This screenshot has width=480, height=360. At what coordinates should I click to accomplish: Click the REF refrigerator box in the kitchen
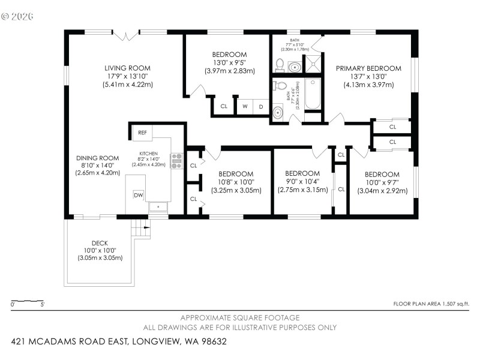142,132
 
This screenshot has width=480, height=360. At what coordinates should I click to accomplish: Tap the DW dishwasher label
139,195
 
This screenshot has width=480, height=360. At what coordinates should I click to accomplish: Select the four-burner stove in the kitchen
176,161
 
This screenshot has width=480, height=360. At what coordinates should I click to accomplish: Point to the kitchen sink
158,206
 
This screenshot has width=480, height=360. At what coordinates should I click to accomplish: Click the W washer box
245,106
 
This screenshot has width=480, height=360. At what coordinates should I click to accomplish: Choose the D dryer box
261,106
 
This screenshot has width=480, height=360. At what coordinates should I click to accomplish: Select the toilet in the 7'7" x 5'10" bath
280,65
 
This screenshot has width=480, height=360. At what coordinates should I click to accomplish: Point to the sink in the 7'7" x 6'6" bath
277,112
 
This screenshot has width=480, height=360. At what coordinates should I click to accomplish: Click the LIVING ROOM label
127,68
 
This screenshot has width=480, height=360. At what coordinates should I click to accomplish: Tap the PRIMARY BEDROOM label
368,68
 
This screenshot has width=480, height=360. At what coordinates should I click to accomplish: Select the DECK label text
100,243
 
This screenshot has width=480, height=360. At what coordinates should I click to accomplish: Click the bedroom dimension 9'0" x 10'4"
302,182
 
